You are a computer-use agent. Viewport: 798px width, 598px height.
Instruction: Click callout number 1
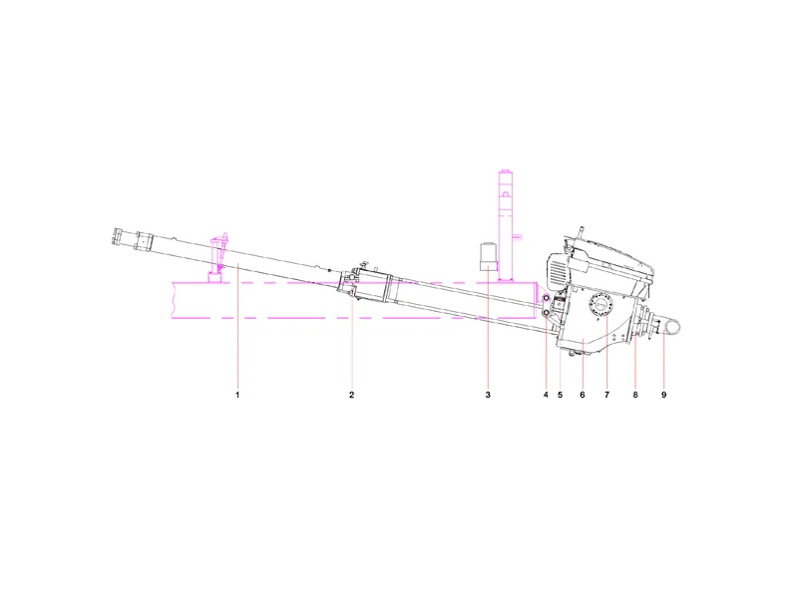[x=237, y=395]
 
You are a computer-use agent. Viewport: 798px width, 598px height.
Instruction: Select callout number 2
[x=351, y=395]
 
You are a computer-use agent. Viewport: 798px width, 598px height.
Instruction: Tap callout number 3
[x=488, y=395]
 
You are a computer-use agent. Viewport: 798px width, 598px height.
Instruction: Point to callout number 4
[x=546, y=395]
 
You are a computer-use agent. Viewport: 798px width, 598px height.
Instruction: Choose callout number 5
[x=560, y=395]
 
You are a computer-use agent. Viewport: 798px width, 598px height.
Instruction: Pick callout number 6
[x=583, y=395]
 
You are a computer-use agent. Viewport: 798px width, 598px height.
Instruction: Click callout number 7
[x=606, y=395]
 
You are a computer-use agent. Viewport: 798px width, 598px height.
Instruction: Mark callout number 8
[x=635, y=395]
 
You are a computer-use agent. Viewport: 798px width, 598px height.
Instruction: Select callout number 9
[x=663, y=395]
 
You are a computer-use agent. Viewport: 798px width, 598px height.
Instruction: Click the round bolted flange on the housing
[x=601, y=306]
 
